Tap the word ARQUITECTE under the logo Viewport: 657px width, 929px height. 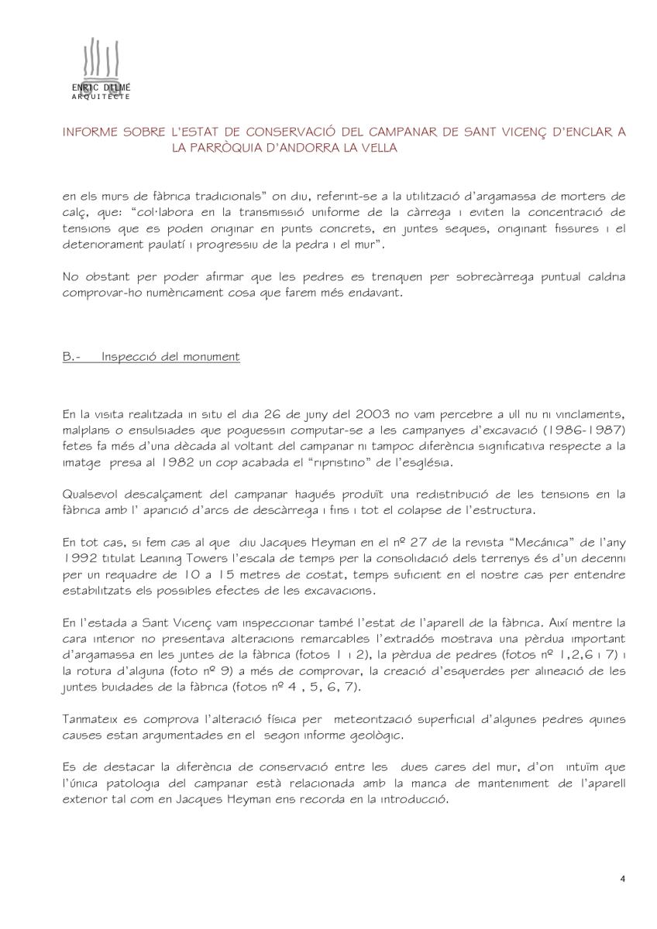[x=100, y=97]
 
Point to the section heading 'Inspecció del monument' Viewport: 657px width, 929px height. [x=170, y=357]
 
